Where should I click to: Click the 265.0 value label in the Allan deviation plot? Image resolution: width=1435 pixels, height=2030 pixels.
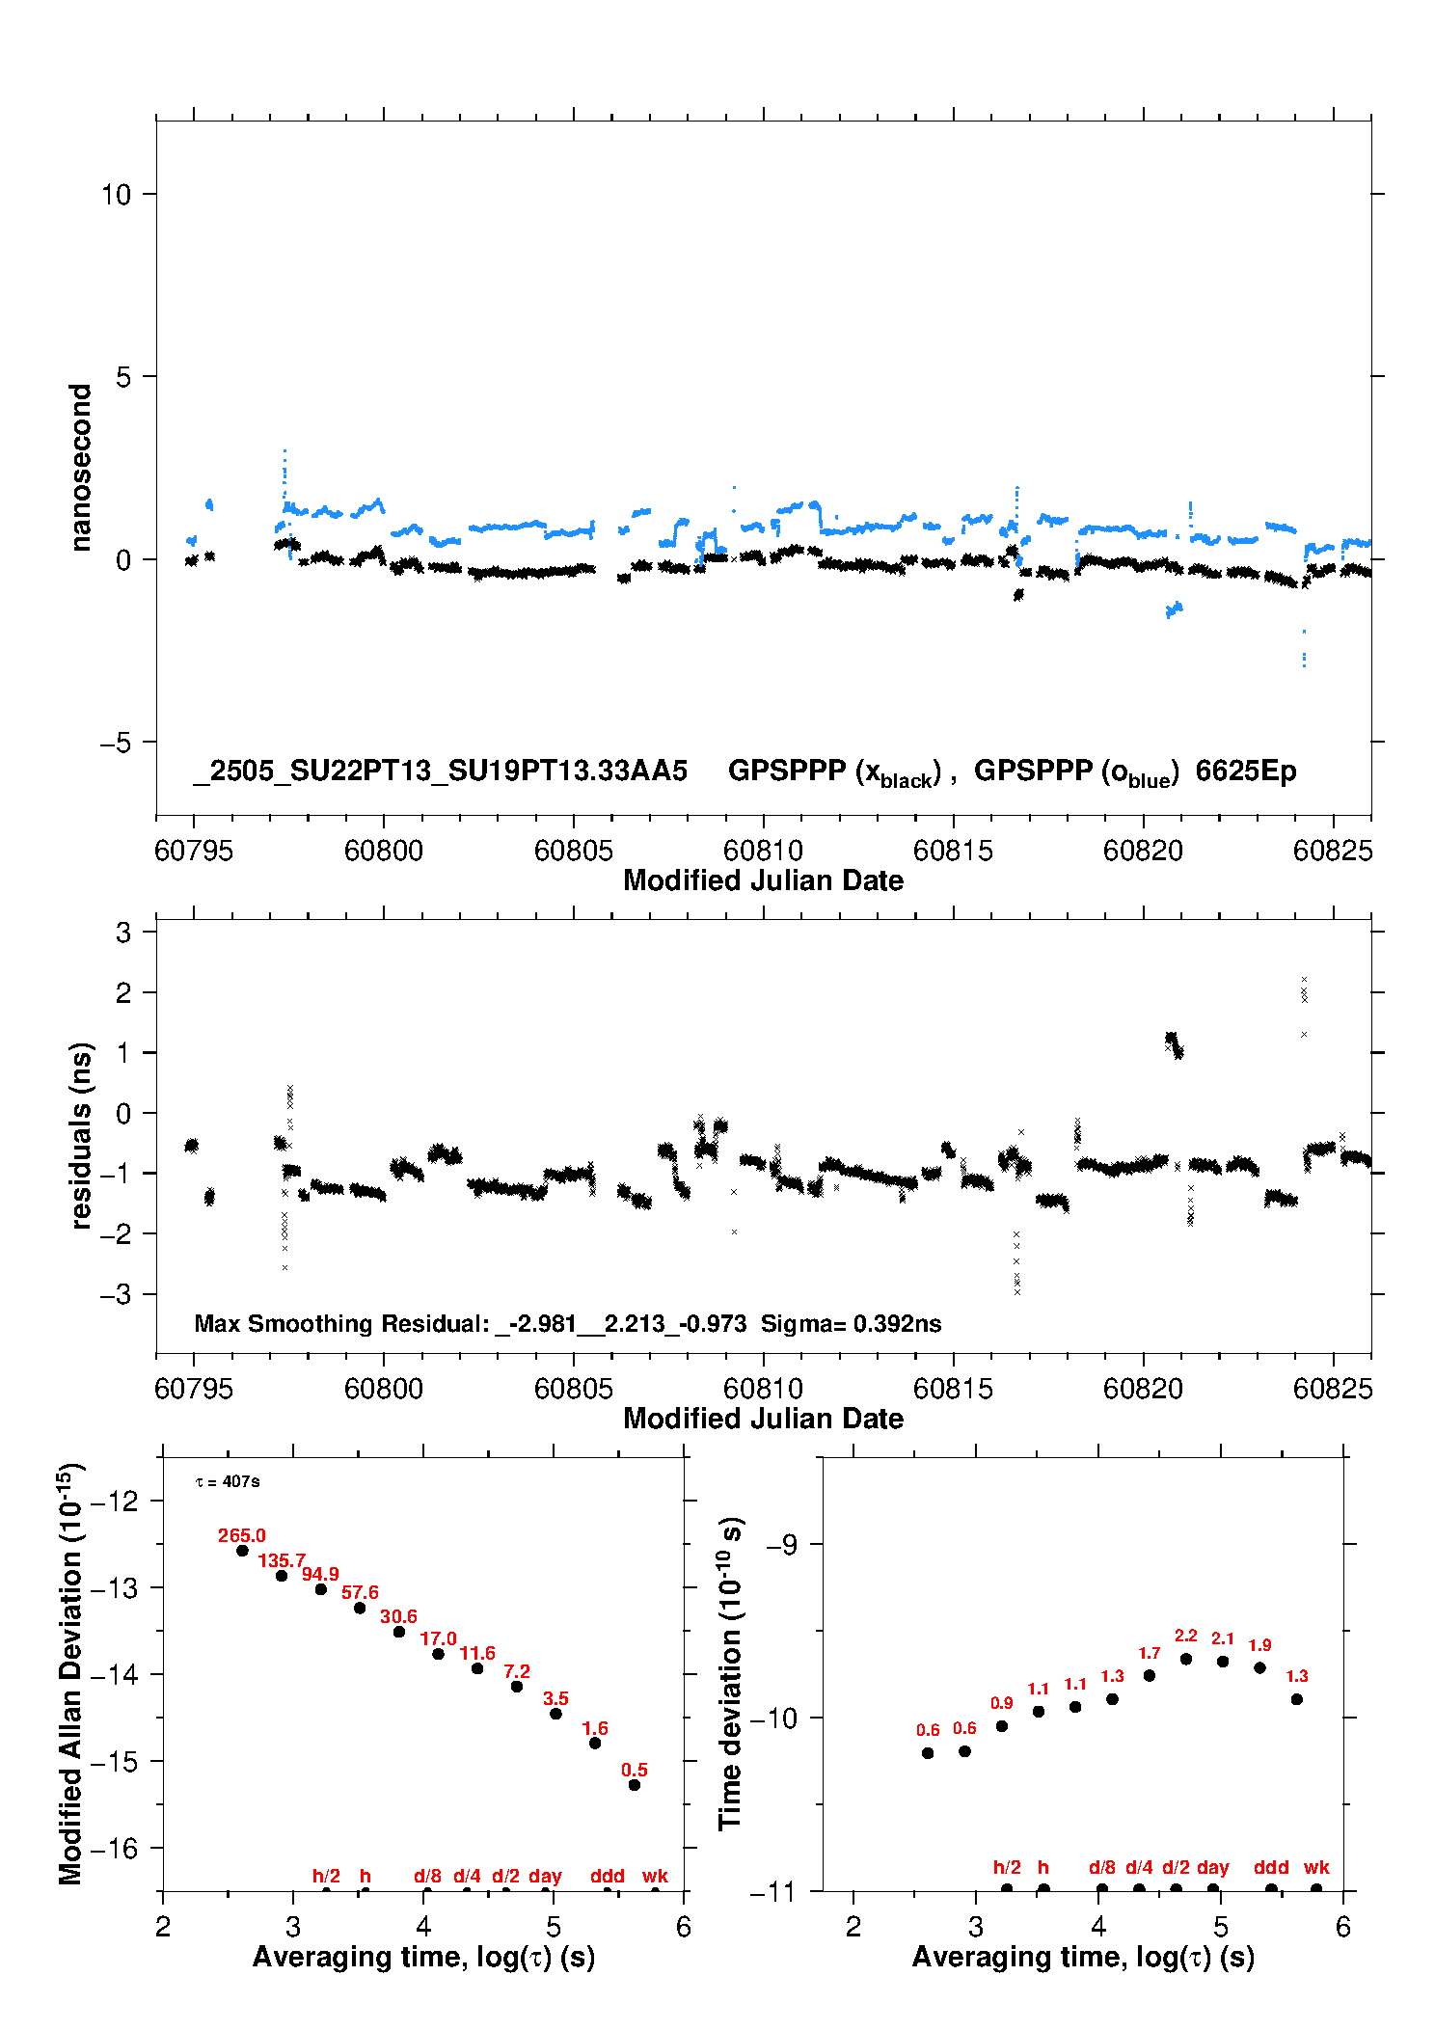point(241,1535)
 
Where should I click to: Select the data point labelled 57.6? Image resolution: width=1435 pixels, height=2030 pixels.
point(360,1608)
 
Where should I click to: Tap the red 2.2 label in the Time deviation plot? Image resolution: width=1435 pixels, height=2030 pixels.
point(1185,1636)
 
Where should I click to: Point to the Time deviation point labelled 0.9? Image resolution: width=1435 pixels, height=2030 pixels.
point(1002,1726)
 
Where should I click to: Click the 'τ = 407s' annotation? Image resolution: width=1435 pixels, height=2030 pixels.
point(228,1481)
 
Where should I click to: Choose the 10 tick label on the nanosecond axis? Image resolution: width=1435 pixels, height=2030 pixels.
point(116,195)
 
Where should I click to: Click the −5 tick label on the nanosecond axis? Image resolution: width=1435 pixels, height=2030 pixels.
point(115,743)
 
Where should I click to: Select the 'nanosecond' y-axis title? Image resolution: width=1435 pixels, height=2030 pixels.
point(81,467)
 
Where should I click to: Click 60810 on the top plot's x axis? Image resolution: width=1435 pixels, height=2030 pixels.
point(763,851)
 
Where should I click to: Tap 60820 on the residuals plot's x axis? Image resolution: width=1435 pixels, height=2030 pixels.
point(1143,1389)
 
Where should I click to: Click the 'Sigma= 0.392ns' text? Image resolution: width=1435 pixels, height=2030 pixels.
point(851,1323)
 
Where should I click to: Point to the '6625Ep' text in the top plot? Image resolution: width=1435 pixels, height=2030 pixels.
point(1246,771)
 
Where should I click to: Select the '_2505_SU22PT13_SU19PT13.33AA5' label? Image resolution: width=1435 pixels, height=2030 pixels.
point(441,771)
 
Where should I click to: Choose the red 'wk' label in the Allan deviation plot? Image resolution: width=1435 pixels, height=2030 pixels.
point(655,1876)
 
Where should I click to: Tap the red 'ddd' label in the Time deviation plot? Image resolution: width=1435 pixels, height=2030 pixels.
point(1271,1867)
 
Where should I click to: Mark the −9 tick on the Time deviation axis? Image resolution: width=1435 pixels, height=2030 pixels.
point(781,1544)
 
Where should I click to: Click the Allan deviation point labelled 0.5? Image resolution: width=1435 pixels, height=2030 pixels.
point(635,1785)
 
